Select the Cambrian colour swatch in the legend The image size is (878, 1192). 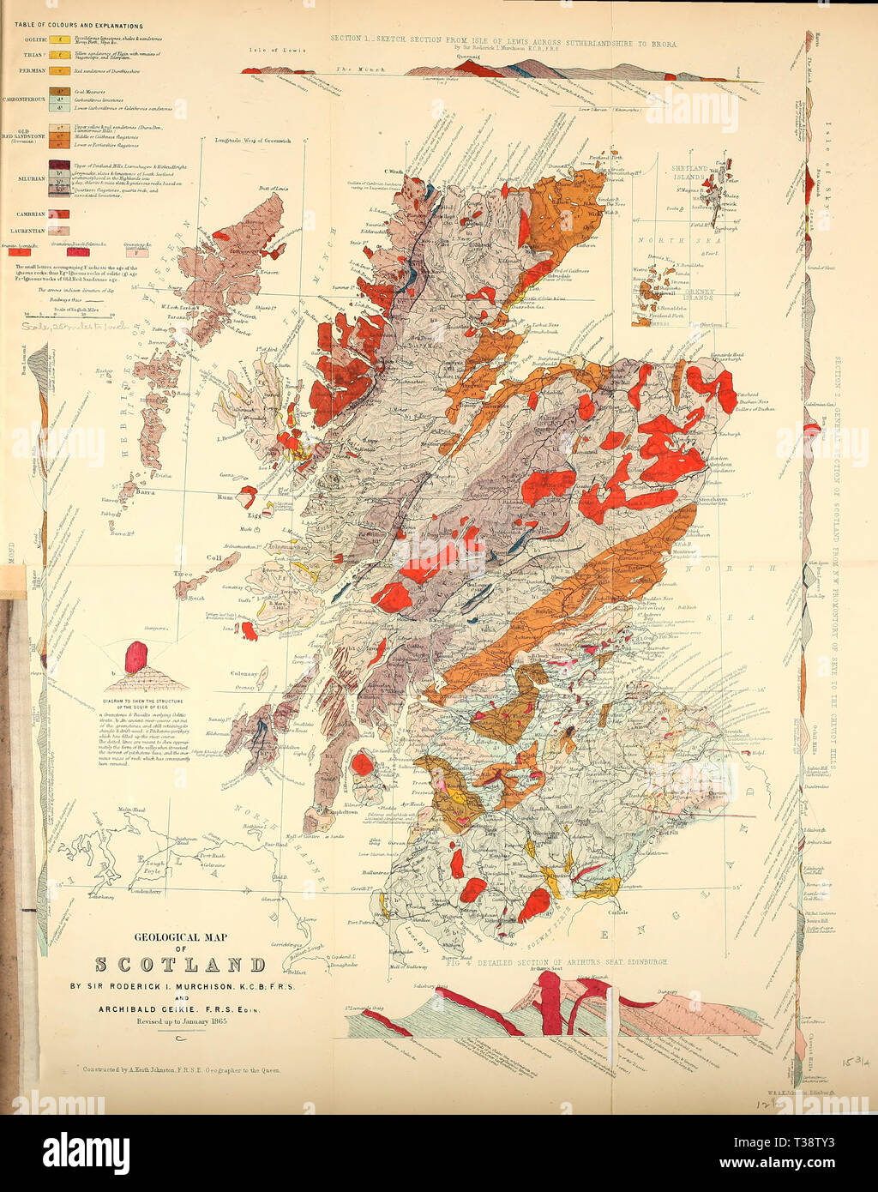tap(61, 214)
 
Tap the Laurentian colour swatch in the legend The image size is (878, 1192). tap(61, 231)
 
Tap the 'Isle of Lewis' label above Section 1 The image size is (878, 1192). tap(277, 50)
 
